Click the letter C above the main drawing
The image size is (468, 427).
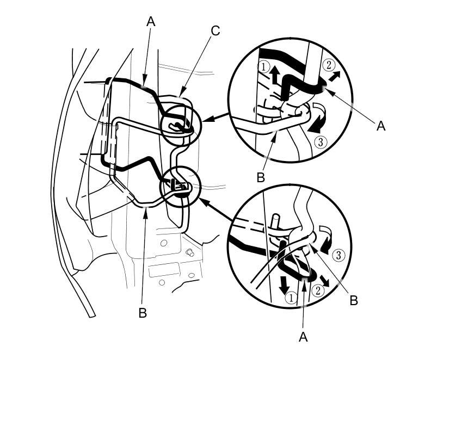[x=215, y=31]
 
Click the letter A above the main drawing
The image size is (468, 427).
[x=151, y=21]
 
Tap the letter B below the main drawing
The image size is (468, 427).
[x=143, y=313]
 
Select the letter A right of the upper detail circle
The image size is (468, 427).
[x=381, y=126]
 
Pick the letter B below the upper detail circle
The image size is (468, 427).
[x=261, y=177]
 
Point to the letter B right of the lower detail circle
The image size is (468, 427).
[x=354, y=300]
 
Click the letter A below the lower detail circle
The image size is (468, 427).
[x=303, y=337]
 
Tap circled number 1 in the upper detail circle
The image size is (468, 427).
[x=264, y=66]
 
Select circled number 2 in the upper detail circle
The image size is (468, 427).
[x=329, y=65]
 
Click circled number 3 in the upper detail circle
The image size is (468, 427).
[x=321, y=142]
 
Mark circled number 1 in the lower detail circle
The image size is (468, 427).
[x=291, y=298]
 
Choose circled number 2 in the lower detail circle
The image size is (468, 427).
[x=318, y=290]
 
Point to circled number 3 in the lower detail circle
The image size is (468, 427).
[x=338, y=255]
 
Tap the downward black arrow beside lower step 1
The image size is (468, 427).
[x=284, y=285]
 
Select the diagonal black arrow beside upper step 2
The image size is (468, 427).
[x=334, y=77]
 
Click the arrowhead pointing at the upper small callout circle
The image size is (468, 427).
[x=206, y=119]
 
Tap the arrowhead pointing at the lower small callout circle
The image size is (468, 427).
[x=204, y=202]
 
